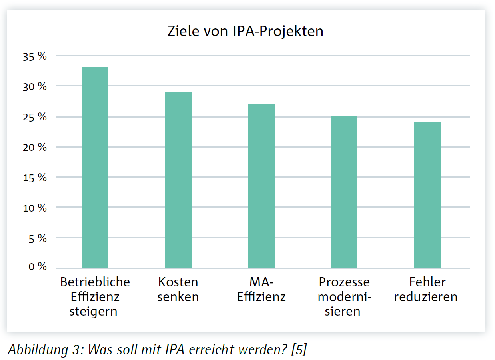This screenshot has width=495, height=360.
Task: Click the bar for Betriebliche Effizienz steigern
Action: click(x=95, y=168)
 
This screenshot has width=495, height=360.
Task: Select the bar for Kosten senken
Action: click(x=178, y=180)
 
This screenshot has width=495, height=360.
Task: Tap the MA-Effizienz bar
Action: click(x=261, y=186)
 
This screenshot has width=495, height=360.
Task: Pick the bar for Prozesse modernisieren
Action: click(x=344, y=192)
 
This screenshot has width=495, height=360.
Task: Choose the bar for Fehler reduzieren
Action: click(x=427, y=195)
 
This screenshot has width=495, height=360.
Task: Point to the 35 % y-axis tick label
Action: click(x=35, y=56)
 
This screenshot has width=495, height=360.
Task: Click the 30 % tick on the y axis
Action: click(x=35, y=86)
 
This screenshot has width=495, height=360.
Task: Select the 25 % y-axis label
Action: click(x=35, y=117)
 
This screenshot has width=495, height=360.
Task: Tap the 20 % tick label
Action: click(x=35, y=147)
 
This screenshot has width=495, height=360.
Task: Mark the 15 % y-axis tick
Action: click(x=35, y=178)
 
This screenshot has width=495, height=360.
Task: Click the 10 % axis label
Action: click(x=35, y=208)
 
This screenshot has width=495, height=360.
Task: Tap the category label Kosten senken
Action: click(x=178, y=290)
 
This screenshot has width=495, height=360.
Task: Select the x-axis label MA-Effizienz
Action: click(x=261, y=290)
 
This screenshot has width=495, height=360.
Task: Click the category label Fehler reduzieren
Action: click(x=427, y=290)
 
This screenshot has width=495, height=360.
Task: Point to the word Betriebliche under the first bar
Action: click(x=95, y=282)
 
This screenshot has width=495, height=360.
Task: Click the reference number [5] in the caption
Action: click(x=299, y=350)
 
